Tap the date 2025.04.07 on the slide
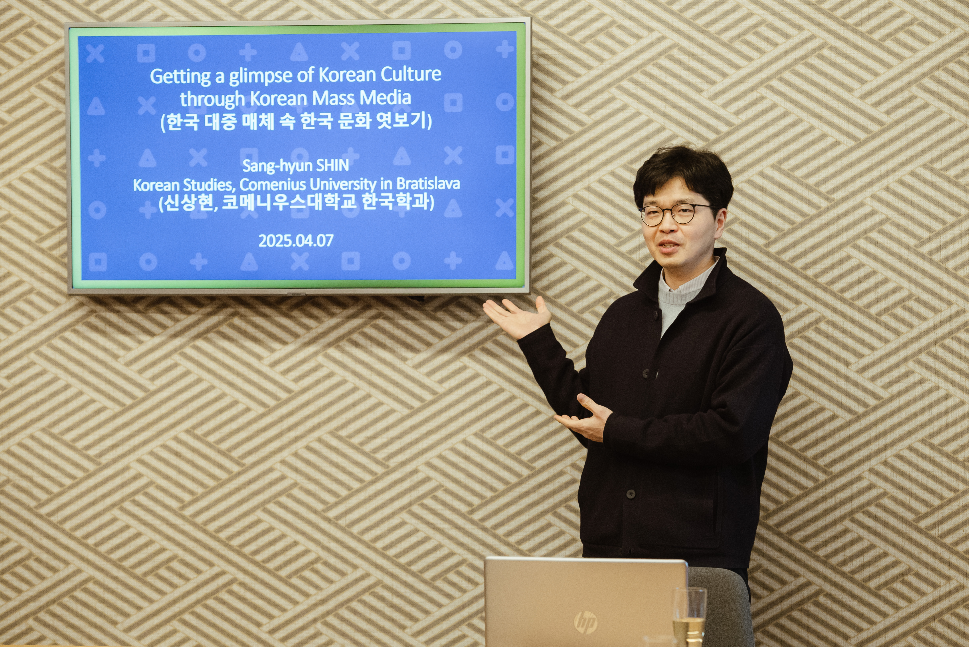296,240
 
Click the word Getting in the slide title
180,77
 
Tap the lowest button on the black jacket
630,494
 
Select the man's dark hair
683,177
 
